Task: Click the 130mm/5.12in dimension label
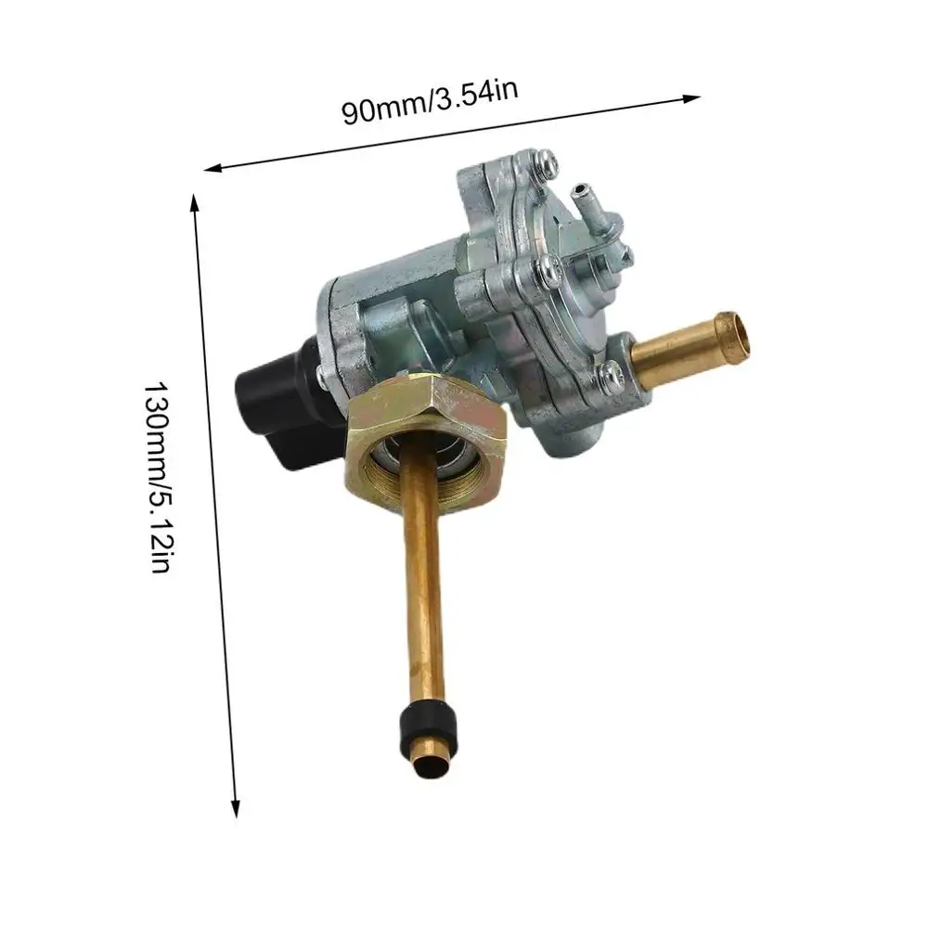[x=158, y=477]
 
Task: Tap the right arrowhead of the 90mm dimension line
[x=692, y=98]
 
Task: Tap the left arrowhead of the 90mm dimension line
[x=213, y=168]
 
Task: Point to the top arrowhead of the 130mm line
[x=194, y=203]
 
